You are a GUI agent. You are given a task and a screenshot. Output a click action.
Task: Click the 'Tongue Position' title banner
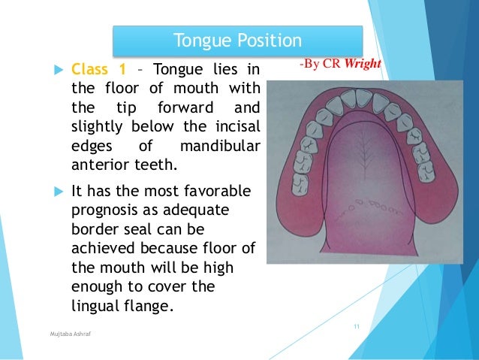coord(237,39)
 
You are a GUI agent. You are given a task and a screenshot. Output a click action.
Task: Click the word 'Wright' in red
coord(363,65)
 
